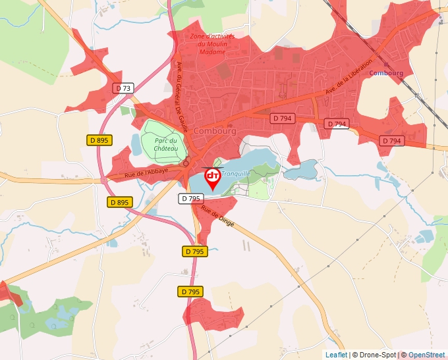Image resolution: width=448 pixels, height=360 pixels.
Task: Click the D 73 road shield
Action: pyautogui.click(x=123, y=88)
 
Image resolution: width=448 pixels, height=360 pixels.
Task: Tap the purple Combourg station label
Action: pyautogui.click(x=386, y=73)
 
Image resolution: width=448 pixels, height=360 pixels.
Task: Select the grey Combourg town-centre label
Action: pyautogui.click(x=215, y=131)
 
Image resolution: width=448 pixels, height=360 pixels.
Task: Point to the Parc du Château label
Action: pyautogui.click(x=166, y=145)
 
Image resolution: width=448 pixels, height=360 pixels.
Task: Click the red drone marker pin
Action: pyautogui.click(x=213, y=178)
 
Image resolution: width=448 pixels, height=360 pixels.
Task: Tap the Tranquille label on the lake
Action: pyautogui.click(x=236, y=174)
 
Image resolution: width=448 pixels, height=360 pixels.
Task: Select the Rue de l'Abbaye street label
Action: pyautogui.click(x=146, y=172)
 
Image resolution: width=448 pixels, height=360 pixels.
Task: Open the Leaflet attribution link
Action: pyautogui.click(x=336, y=355)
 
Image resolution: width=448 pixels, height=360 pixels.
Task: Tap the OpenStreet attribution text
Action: pyautogui.click(x=426, y=355)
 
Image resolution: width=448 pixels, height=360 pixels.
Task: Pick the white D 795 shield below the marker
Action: pyautogui.click(x=190, y=197)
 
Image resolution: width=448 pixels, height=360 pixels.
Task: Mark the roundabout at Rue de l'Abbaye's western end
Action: pyautogui.click(x=103, y=180)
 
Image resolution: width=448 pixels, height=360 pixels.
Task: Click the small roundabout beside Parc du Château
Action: pyautogui.click(x=186, y=163)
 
